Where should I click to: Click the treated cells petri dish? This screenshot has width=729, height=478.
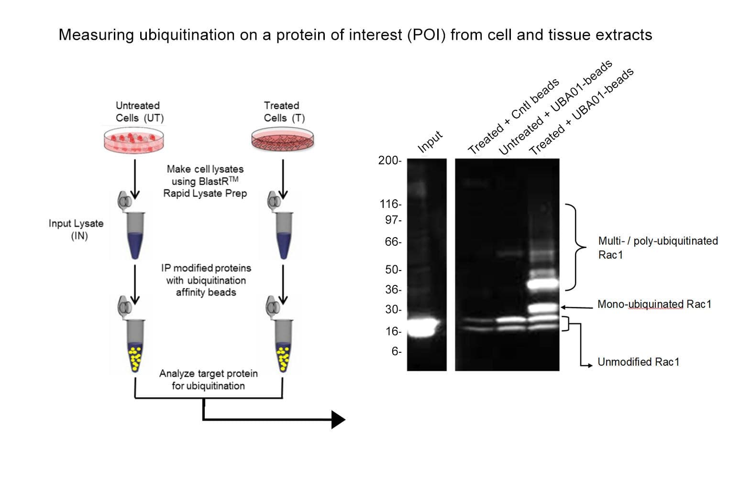click(283, 140)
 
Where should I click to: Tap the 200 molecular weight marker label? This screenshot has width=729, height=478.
click(389, 161)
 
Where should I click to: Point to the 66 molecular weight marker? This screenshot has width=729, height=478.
click(392, 242)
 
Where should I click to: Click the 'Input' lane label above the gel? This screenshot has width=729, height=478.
click(430, 141)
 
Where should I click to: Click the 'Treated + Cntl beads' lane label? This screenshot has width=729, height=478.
click(513, 117)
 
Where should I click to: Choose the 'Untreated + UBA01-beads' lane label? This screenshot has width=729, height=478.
click(555, 108)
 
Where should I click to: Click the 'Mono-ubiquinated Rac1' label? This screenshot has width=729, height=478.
click(654, 304)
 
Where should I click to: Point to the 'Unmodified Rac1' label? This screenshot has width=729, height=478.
click(638, 362)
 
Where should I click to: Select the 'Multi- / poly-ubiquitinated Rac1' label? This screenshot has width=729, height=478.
click(658, 248)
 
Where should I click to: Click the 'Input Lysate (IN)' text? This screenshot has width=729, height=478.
click(76, 229)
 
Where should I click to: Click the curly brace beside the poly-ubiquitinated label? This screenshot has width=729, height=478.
click(576, 247)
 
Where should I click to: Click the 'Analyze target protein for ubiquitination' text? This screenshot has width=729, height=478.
click(208, 380)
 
